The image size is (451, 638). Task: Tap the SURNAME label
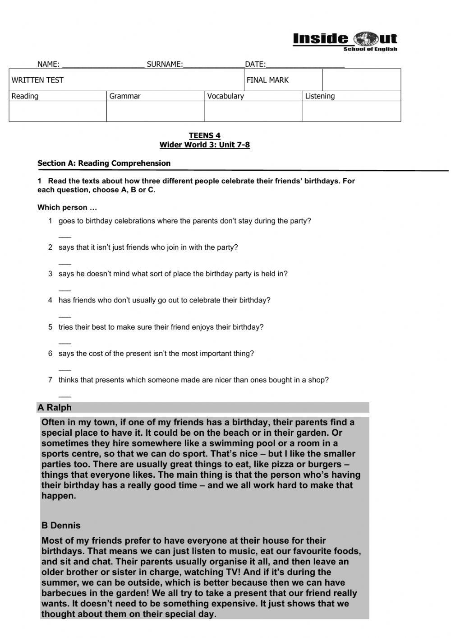pyautogui.click(x=165, y=64)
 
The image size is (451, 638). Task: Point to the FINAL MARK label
pyautogui.click(x=267, y=80)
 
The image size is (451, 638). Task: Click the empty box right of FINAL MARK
pyautogui.click(x=361, y=80)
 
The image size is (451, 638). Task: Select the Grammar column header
pyautogui.click(x=125, y=96)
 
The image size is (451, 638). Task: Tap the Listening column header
pyautogui.click(x=320, y=96)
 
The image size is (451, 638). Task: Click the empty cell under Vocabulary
pyautogui.click(x=253, y=111)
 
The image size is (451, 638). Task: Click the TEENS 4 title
pyautogui.click(x=204, y=135)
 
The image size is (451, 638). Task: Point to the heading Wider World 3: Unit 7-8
pyautogui.click(x=204, y=145)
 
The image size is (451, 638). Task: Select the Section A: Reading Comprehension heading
pyautogui.click(x=104, y=163)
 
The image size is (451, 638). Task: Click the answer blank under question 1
pyautogui.click(x=65, y=236)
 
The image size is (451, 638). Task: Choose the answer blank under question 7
pyautogui.click(x=65, y=395)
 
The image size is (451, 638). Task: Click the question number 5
pyautogui.click(x=51, y=327)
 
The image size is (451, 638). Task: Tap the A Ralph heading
pyautogui.click(x=55, y=407)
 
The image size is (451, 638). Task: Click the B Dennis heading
pyautogui.click(x=61, y=525)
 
